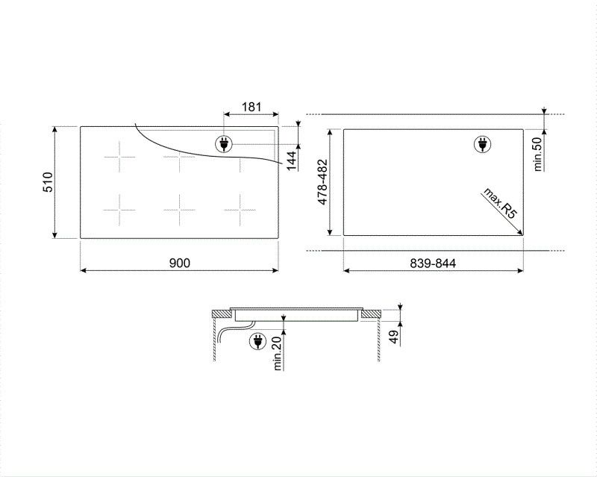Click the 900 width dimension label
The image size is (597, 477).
pos(180,262)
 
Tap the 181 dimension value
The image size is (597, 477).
pos(251,107)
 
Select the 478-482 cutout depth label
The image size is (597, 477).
pos(322,184)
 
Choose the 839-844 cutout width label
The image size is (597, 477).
pos(433,262)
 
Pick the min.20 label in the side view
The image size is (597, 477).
pos(278,353)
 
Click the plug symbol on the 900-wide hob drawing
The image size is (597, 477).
pos(223,143)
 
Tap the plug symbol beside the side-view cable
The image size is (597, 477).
pos(257,340)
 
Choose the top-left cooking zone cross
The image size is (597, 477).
pos(120,158)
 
